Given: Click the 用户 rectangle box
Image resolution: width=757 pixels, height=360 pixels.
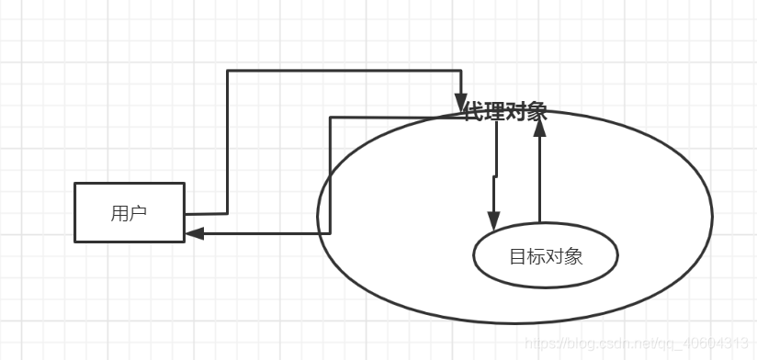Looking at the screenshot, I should tap(129, 212).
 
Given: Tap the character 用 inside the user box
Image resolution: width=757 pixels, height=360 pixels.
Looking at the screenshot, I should tap(119, 214).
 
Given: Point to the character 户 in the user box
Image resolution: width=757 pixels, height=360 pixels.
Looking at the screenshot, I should tap(138, 214).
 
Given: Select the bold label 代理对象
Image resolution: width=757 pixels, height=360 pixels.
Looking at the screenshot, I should tap(505, 113).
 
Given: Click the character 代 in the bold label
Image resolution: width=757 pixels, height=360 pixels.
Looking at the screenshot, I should tap(474, 113).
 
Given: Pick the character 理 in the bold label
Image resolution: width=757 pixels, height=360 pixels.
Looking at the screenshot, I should tap(495, 113).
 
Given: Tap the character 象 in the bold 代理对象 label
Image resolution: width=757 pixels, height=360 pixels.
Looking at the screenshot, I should tap(537, 113).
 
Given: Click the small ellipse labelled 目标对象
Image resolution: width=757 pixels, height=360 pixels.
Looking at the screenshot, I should tap(546, 256).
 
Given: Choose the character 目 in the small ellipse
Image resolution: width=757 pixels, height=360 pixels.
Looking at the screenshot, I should tap(517, 256).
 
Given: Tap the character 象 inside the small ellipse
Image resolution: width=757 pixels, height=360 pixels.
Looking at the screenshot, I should tap(573, 256).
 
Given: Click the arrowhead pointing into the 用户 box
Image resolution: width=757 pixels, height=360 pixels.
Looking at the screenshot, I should tap(193, 233).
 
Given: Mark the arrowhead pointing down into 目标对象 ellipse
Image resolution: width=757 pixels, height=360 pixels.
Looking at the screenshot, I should tap(493, 220).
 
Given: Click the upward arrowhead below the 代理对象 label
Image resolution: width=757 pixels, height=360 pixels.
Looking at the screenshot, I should tap(539, 129).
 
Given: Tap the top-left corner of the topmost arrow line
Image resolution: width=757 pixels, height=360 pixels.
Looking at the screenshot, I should tap(227, 71).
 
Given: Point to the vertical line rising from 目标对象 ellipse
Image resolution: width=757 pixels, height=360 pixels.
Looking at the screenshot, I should tap(539, 179).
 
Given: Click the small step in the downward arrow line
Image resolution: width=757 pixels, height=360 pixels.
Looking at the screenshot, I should tap(495, 174).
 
